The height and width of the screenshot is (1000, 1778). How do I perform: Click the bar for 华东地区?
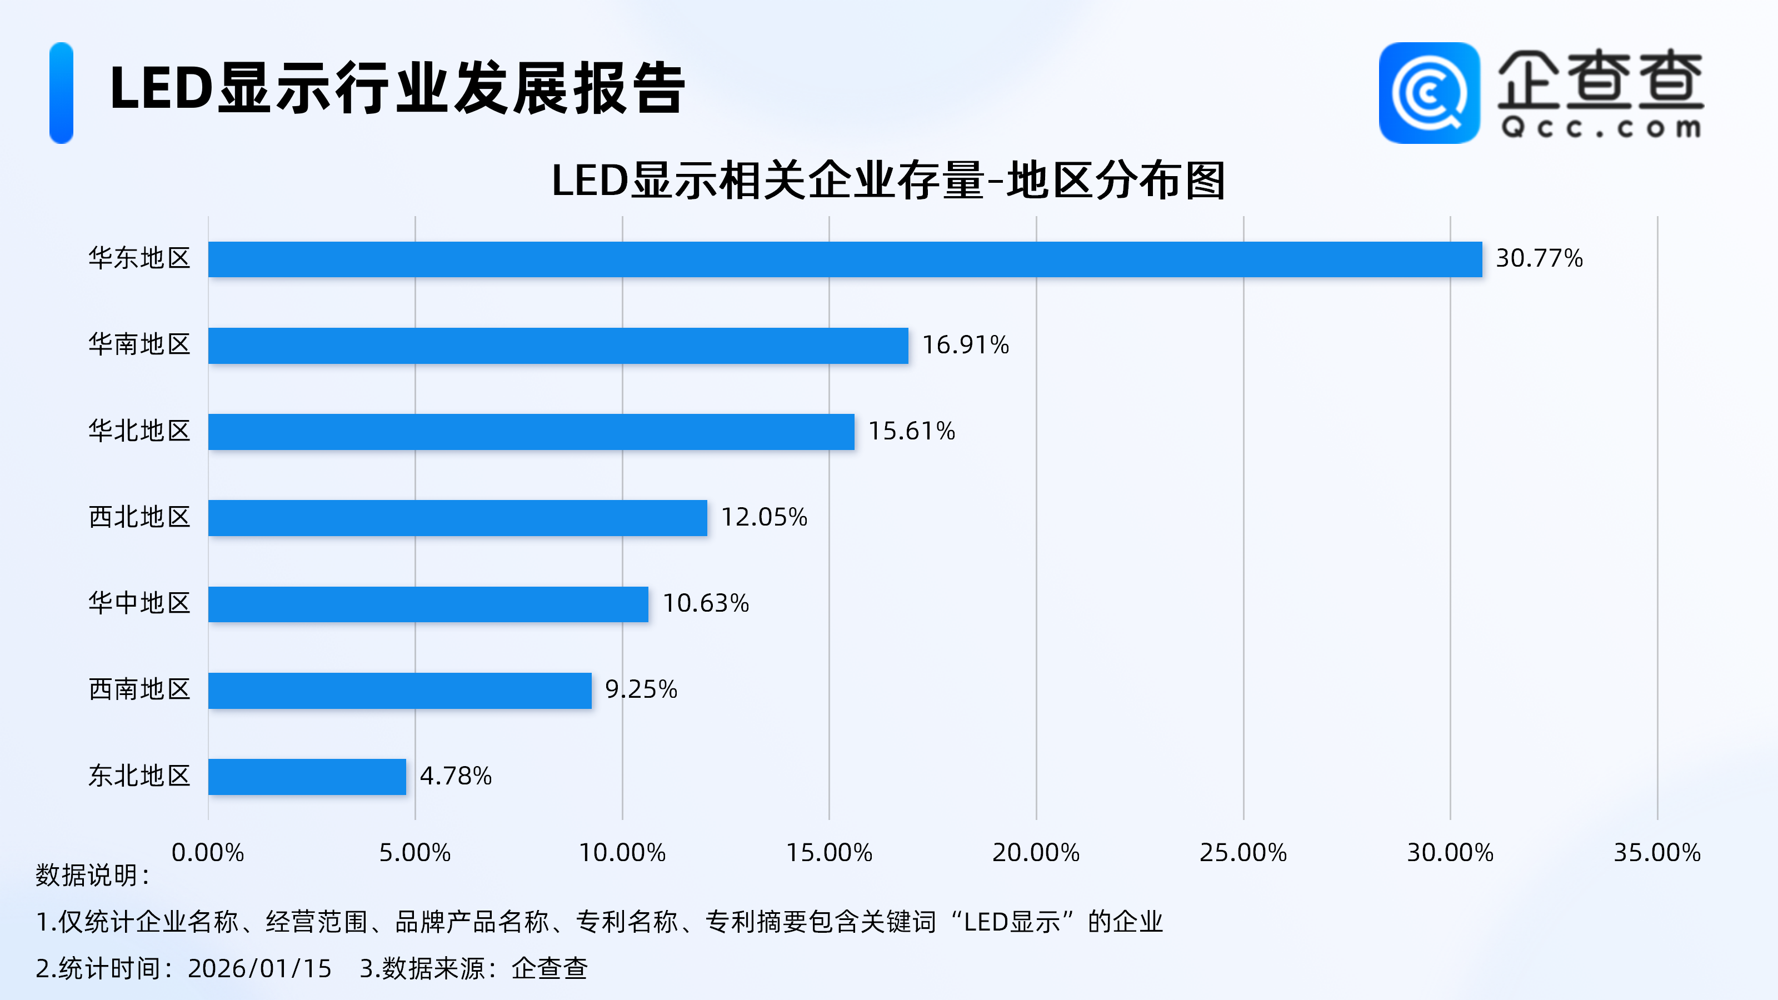(x=845, y=259)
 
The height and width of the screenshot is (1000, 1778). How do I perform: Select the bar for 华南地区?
(x=558, y=346)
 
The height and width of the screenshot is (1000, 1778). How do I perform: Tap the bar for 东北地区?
(x=307, y=777)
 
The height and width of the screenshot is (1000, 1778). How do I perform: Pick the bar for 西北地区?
(x=458, y=518)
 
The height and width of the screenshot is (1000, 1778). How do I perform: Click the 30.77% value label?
(x=1539, y=259)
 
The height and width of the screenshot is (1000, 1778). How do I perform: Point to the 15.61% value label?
(x=911, y=431)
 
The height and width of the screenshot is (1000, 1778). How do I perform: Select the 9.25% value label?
(x=641, y=689)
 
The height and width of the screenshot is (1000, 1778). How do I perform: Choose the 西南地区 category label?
(x=139, y=689)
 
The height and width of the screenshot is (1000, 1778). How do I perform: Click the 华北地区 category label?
(x=139, y=431)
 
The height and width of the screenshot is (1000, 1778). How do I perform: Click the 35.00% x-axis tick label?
(x=1656, y=853)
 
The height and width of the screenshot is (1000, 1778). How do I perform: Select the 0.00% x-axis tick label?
(x=208, y=853)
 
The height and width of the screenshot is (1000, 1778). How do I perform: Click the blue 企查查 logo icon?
(x=1429, y=93)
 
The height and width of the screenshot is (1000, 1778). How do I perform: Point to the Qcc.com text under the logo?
(x=1600, y=128)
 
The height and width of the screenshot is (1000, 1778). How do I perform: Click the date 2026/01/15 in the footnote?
(x=259, y=969)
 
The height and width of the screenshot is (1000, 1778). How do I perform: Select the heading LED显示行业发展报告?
(x=397, y=88)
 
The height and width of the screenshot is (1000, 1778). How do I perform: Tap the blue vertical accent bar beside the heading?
(x=62, y=93)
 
